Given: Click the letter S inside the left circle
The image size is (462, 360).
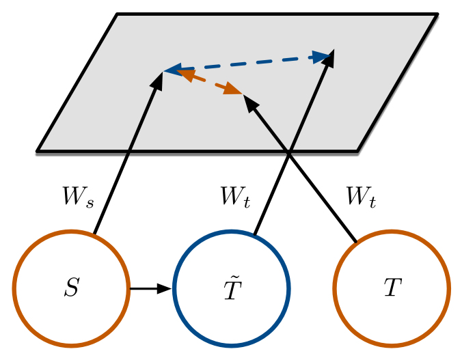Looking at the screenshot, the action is coord(72,287).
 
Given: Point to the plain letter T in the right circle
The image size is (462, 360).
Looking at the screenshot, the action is coord(393,287).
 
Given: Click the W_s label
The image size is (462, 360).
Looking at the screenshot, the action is coord(78,197).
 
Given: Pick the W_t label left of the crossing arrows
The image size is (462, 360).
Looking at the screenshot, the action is coord(235,197).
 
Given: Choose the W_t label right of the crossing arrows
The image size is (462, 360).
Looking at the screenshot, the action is coord(362,197).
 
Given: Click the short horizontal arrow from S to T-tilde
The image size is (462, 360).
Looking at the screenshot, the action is coord(151,288).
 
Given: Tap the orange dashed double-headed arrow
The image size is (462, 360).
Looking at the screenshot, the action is coord(209,81).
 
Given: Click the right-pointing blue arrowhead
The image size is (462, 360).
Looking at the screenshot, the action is coord(322,57).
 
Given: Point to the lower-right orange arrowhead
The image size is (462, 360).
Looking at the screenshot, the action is coord(232,89).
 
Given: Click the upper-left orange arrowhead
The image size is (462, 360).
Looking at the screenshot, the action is coord(185,75).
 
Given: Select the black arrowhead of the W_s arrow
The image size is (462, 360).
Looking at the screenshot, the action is coord(158,81).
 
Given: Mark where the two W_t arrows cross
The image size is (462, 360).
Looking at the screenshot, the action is coord(289,153).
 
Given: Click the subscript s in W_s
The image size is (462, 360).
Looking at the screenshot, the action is coord(90,204).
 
